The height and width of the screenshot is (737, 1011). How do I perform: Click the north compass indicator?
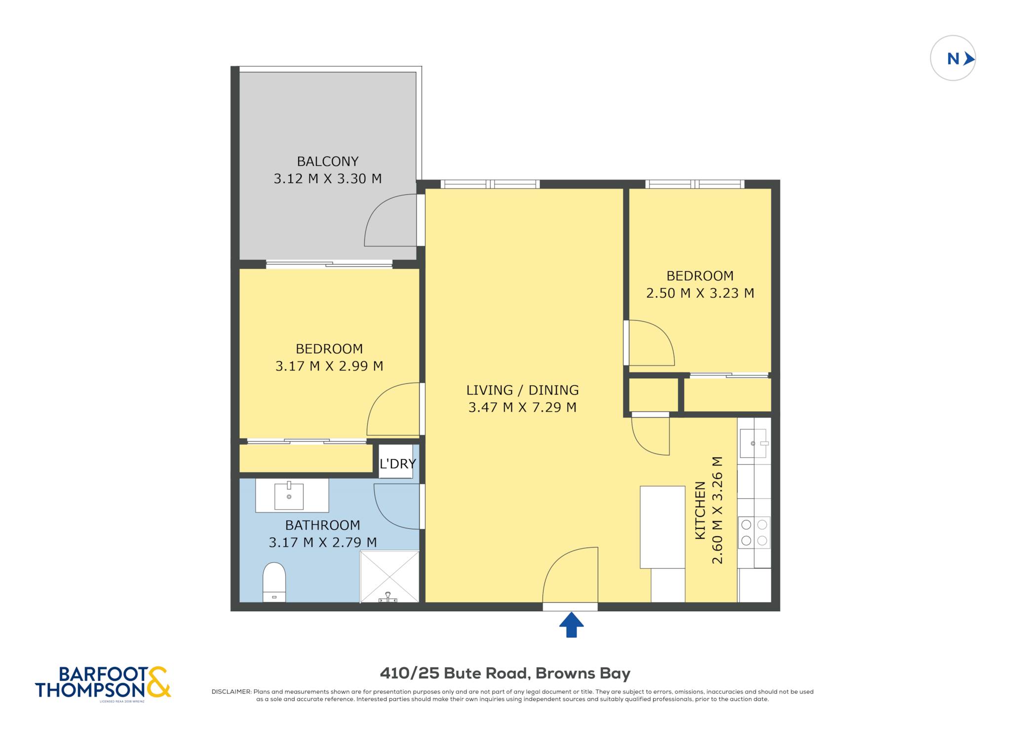[952, 58]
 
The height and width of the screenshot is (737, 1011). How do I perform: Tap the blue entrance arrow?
[571, 625]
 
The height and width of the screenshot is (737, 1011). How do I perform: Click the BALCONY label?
[327, 161]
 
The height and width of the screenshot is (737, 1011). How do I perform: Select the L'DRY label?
[397, 464]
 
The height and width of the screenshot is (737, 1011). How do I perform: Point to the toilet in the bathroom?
[274, 582]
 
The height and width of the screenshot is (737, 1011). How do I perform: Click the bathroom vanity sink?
[289, 496]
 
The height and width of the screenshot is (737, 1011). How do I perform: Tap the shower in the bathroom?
[389, 577]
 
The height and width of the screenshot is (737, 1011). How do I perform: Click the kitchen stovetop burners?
[754, 533]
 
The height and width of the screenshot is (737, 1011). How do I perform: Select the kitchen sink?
[754, 443]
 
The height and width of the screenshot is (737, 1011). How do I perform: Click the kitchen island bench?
[662, 527]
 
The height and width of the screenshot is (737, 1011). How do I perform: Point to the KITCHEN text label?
[700, 510]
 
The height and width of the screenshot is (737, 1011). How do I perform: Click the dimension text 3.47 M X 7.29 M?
[522, 407]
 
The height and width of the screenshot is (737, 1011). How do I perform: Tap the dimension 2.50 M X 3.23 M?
[700, 293]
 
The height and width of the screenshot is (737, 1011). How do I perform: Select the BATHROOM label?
[322, 525]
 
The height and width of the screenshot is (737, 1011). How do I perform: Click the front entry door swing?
[570, 575]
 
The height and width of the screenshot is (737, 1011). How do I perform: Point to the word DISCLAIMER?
[231, 692]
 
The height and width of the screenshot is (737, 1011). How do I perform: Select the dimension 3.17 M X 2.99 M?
[329, 366]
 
